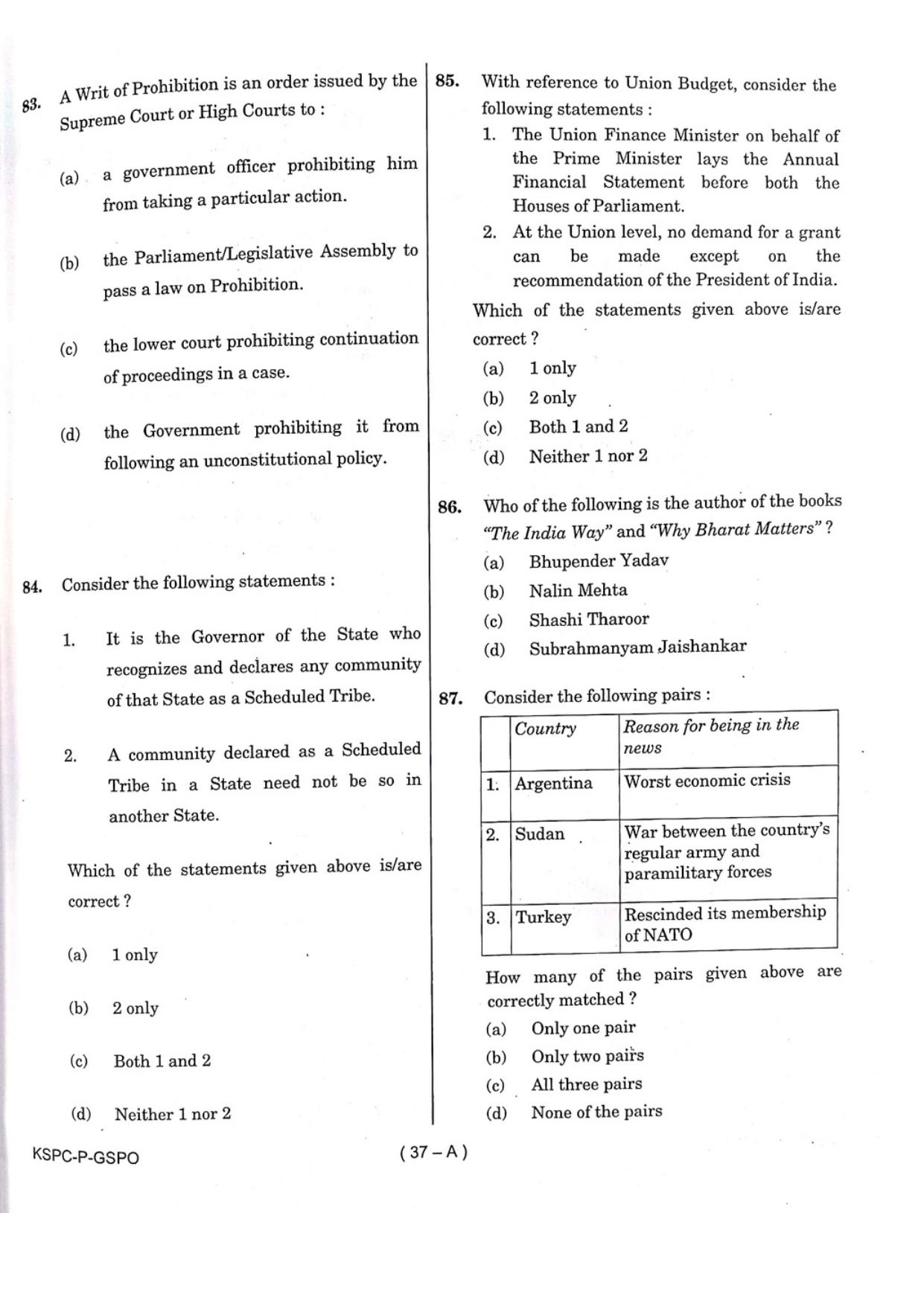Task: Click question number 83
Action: (31, 105)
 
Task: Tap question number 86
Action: (449, 508)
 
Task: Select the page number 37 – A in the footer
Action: (433, 1152)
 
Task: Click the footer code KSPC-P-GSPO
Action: (86, 1156)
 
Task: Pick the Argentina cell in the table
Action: (553, 784)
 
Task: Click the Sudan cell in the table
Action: (540, 834)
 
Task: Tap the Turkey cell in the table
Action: (544, 917)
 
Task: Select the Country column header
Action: (545, 729)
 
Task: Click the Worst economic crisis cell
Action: (707, 781)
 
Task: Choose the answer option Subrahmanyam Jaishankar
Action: (637, 647)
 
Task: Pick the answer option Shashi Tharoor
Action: (588, 619)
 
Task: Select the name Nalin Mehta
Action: (578, 590)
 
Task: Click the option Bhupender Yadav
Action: (599, 560)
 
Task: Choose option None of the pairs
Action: (596, 1112)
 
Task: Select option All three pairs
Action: (586, 1084)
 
